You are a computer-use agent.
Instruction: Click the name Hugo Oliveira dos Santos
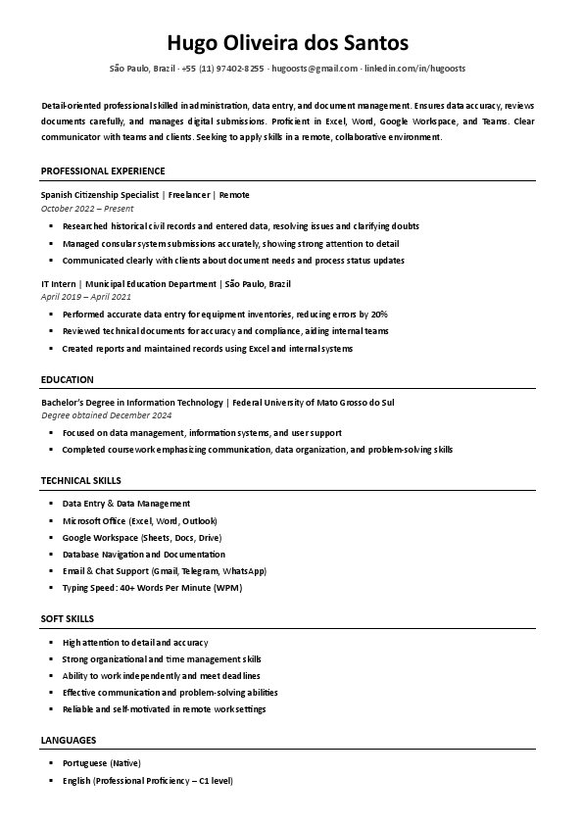pos(291,43)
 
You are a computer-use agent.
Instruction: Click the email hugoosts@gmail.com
pos(315,69)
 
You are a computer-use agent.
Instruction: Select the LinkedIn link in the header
pos(414,69)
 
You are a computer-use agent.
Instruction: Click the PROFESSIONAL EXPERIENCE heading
pos(103,171)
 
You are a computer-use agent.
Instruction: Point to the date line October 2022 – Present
pos(87,209)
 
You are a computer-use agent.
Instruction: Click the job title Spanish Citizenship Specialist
pos(100,195)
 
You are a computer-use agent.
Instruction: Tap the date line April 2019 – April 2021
pos(85,296)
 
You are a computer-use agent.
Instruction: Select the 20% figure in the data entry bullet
pos(378,315)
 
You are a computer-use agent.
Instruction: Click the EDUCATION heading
pos(68,379)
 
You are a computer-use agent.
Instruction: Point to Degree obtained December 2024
pos(106,415)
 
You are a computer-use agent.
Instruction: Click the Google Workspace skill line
pos(141,538)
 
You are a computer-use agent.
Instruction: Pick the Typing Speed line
pos(151,588)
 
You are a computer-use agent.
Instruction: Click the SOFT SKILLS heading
pos(68,619)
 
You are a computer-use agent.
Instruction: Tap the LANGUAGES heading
pos(69,740)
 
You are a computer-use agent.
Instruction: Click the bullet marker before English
pos(51,781)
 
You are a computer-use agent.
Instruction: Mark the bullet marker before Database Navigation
pos(51,555)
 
